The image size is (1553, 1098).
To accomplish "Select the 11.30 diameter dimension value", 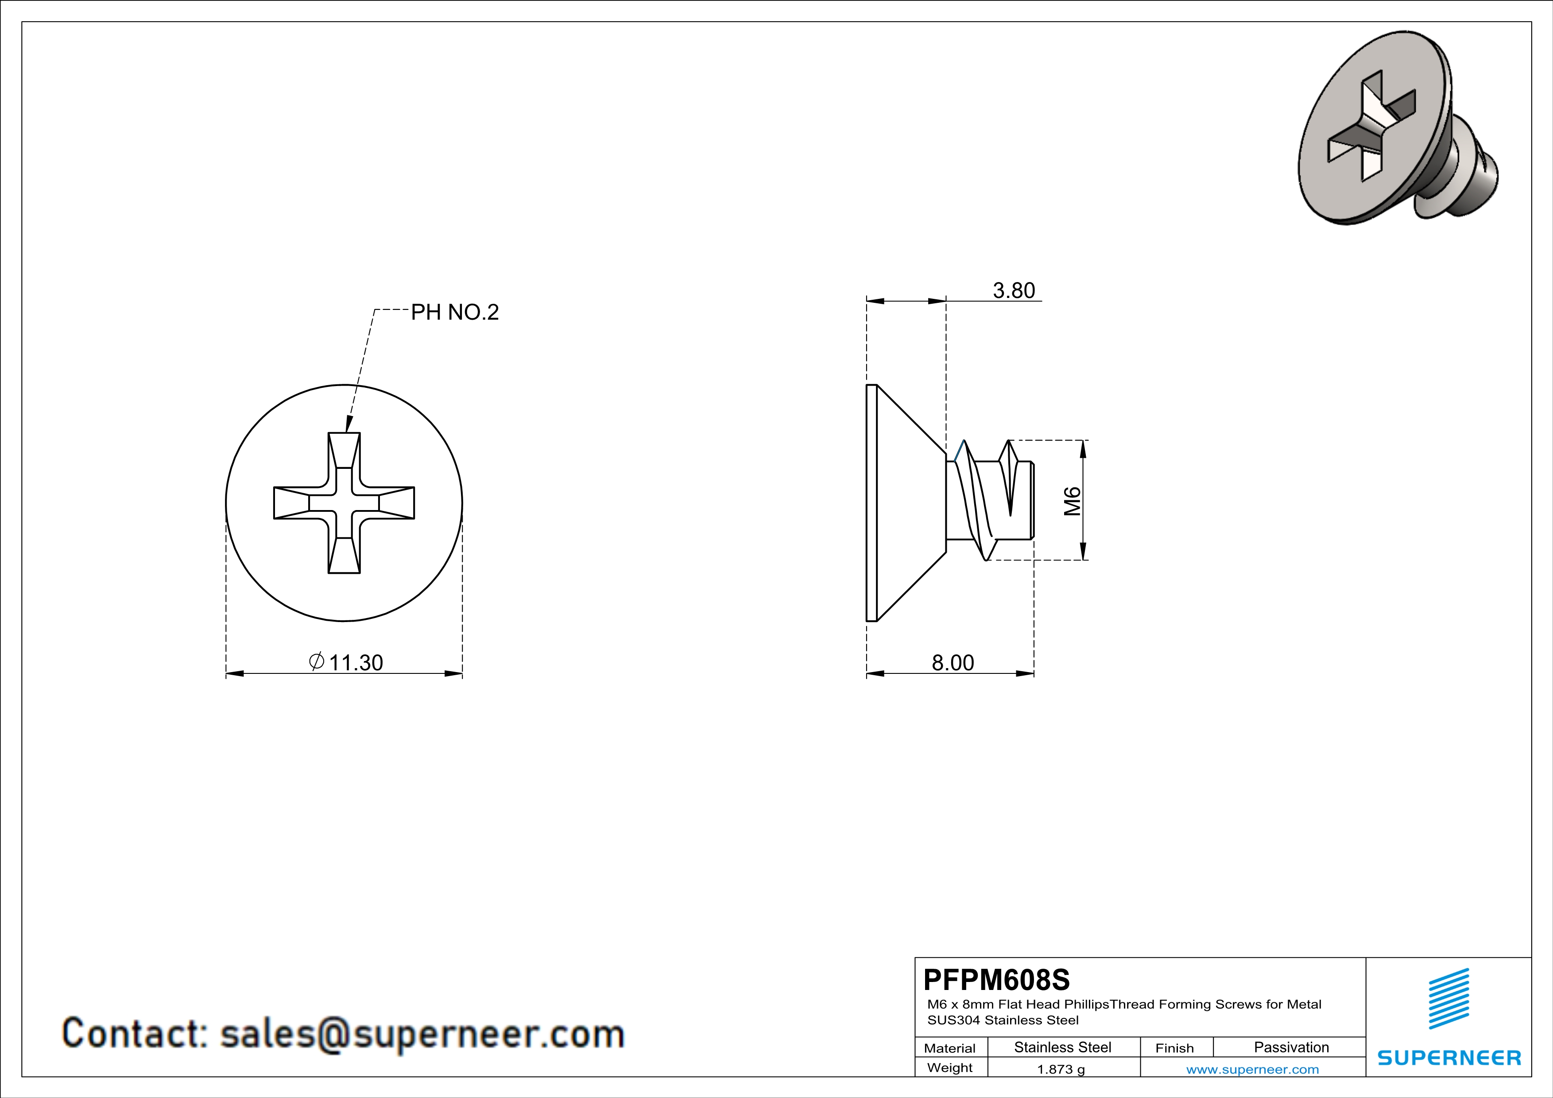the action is coord(356,663).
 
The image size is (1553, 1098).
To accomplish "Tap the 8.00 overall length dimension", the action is coord(953,663).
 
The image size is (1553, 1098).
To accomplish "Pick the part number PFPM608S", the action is coord(996,979).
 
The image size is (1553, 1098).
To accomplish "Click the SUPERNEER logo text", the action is coord(1449,1058).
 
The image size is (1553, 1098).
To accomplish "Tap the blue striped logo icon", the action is coord(1449,999).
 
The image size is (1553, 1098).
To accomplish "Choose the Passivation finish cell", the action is coord(1291,1047).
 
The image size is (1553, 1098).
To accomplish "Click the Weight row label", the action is coord(950,1067).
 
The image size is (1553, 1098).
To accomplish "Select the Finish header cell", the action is coord(1174,1048).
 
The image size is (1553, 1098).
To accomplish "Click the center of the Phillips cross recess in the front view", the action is coord(344,503).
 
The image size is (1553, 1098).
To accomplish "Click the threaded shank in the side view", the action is coord(990,500).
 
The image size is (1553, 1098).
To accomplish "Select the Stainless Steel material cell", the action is coord(1063,1047).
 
